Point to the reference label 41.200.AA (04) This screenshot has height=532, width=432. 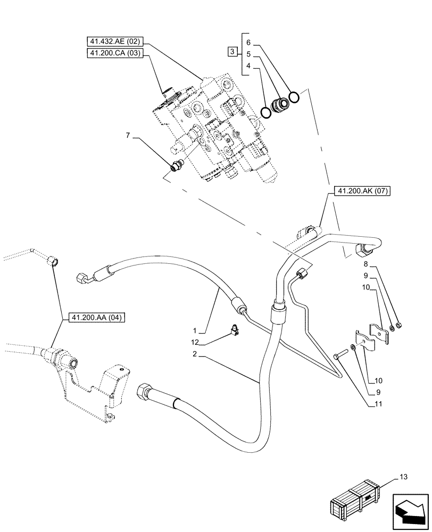click(95, 318)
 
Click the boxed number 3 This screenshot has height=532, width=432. click(232, 52)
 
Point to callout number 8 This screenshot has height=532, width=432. click(366, 264)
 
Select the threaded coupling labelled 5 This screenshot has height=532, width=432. click(278, 106)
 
